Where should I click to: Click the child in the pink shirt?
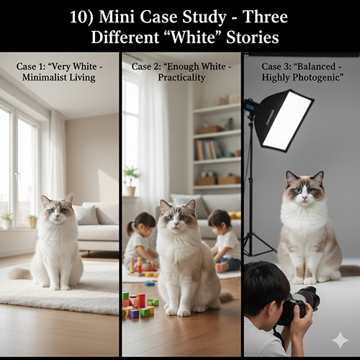[x=139, y=241]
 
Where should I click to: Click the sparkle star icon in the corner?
[x=340, y=340]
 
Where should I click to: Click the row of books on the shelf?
[x=208, y=150]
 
